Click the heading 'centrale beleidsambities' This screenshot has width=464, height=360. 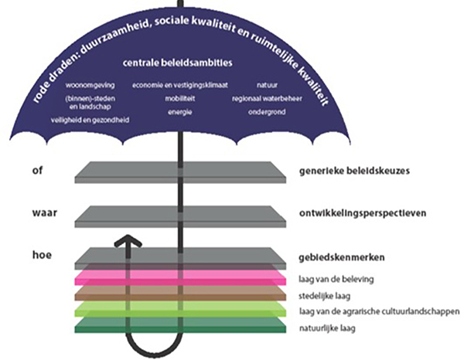(x=177, y=63)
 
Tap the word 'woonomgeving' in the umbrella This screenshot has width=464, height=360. (x=90, y=86)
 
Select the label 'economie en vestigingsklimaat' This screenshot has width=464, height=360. (x=180, y=86)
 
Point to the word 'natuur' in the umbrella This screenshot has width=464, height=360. (x=268, y=86)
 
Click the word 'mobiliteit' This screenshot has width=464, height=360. (x=180, y=98)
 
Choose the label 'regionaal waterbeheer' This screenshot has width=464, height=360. (x=267, y=98)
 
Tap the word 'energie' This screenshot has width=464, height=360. (x=180, y=112)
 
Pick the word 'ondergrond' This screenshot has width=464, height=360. (x=267, y=112)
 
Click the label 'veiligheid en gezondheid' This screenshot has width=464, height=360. (x=90, y=120)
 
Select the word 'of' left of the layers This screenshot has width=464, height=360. (x=37, y=171)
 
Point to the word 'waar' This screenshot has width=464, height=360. (x=44, y=213)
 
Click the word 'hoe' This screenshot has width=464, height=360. (x=42, y=255)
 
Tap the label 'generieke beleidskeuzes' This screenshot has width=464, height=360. (x=354, y=171)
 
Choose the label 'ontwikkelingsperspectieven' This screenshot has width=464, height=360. (x=363, y=213)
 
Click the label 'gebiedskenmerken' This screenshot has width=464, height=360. (x=342, y=257)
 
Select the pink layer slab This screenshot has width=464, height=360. (x=180, y=278)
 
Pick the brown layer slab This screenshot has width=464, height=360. (x=180, y=294)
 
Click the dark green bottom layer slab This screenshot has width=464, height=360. (x=180, y=325)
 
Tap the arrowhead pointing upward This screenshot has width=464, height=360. (x=128, y=241)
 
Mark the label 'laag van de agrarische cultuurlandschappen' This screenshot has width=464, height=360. (x=380, y=311)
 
